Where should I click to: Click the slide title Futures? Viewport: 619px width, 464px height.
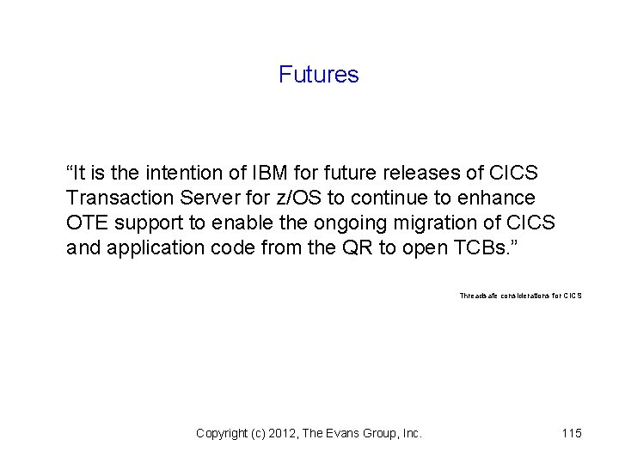click(x=318, y=76)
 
